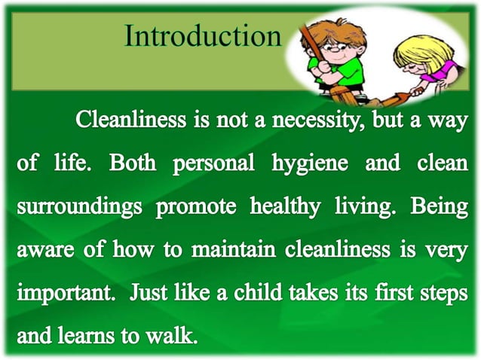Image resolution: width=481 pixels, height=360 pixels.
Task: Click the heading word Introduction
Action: pos(203,35)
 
